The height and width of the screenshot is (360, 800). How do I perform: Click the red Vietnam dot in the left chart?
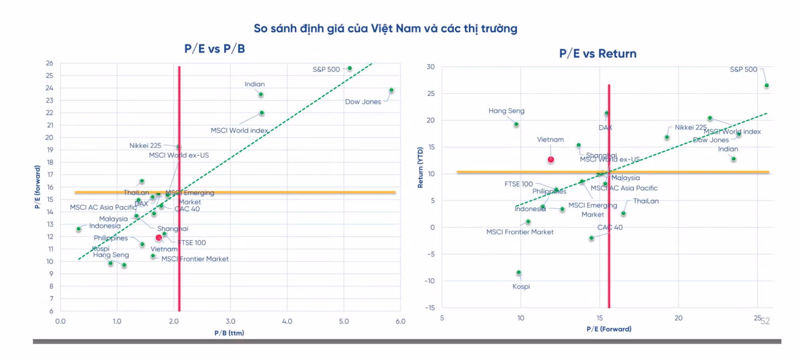[159, 238]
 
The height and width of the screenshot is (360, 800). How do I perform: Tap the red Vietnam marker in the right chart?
[551, 159]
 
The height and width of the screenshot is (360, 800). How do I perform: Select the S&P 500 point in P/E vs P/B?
[350, 68]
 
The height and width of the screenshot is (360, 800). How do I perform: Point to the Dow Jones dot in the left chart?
[391, 90]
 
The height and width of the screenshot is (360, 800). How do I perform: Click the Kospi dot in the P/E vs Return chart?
[519, 272]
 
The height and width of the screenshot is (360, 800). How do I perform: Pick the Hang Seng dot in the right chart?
[516, 124]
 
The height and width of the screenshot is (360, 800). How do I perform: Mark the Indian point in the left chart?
[261, 94]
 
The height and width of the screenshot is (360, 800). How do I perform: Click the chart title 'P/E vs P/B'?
[214, 49]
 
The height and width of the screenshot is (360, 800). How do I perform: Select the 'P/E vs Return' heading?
[598, 54]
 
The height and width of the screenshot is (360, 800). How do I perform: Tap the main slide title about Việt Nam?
[385, 28]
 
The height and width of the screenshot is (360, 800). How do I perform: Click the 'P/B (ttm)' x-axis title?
[229, 333]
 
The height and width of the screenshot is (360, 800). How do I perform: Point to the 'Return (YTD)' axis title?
[420, 167]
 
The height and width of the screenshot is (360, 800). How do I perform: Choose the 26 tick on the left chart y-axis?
[50, 63]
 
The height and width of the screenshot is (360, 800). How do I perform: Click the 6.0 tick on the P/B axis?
[400, 321]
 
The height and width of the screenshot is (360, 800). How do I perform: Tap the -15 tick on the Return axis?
[430, 308]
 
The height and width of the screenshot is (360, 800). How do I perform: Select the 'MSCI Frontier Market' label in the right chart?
[520, 232]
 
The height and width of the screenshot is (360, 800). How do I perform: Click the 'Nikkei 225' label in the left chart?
[145, 146]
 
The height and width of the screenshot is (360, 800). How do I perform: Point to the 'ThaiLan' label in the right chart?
[646, 201]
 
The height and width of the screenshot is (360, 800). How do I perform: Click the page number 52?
[765, 321]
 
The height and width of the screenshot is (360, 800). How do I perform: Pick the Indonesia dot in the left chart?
[79, 229]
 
